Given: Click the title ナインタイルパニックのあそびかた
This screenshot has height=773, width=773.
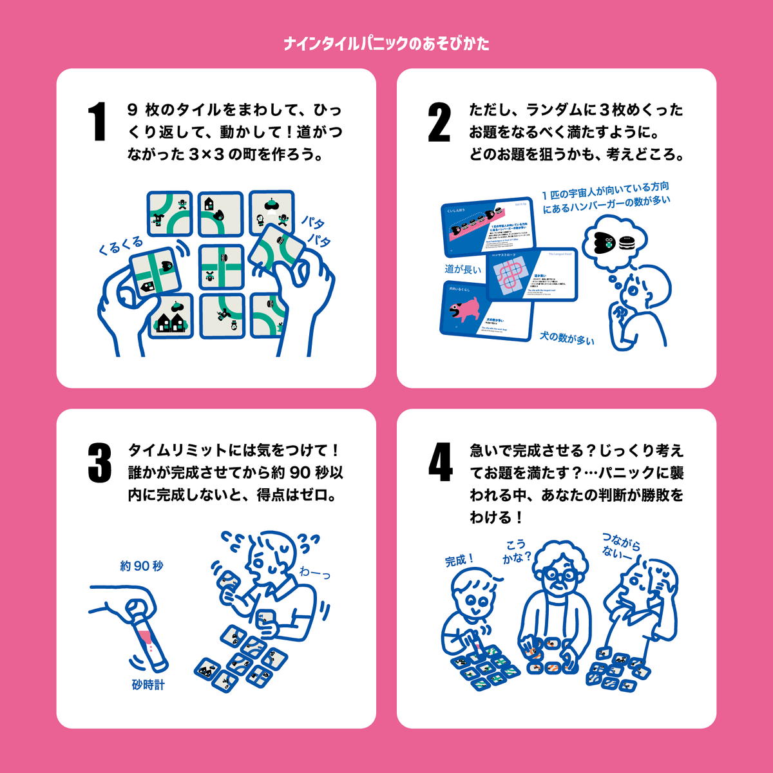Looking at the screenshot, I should [386, 44].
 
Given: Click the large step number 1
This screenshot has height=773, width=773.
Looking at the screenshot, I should [97, 122].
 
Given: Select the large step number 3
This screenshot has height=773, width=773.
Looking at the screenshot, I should [99, 463].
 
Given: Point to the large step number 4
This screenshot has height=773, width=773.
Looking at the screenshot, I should [441, 463].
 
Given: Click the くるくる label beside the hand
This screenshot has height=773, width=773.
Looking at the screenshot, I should [120, 245].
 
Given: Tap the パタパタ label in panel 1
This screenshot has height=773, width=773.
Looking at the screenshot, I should [316, 231].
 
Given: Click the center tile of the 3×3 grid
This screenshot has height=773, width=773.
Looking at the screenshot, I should [221, 266].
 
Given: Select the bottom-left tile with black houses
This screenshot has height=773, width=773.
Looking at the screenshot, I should [171, 316].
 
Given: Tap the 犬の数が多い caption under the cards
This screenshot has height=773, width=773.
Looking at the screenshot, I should [567, 338].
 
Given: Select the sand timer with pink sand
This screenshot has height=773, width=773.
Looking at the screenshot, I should [149, 638].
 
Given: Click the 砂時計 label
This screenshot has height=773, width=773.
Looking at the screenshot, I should [148, 685].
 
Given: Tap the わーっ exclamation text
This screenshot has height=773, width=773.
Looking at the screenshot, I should [314, 572].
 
